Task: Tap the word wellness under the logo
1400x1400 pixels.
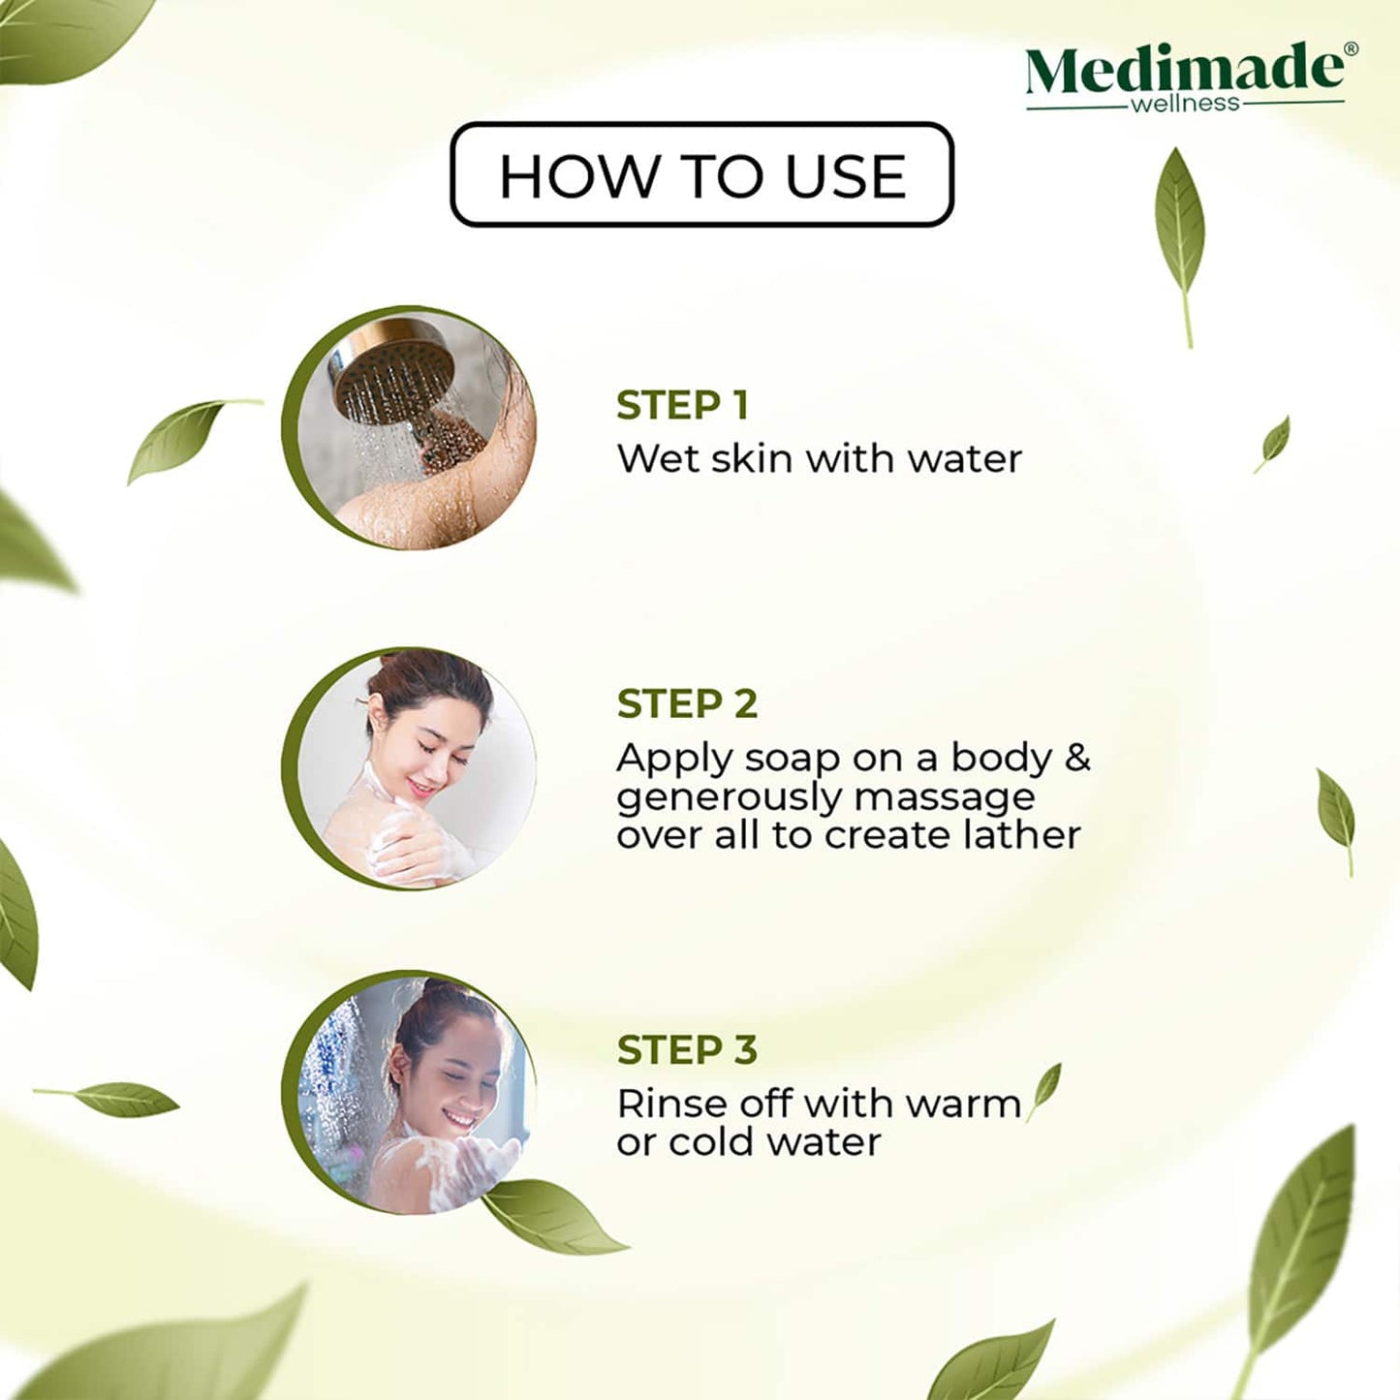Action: [x=1185, y=104]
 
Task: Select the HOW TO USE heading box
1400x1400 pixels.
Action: [x=701, y=175]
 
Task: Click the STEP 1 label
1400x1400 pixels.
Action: [x=682, y=405]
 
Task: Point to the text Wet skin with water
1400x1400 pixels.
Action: [x=819, y=458]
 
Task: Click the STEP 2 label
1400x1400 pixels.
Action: [x=687, y=703]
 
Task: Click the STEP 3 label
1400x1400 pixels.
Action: [x=687, y=1049]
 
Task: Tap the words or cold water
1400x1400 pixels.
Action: [x=748, y=1142]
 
